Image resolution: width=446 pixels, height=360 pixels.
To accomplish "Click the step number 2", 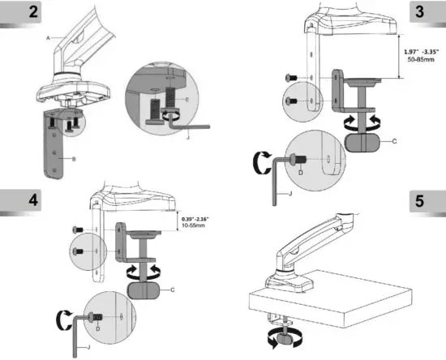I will [x=11, y=14].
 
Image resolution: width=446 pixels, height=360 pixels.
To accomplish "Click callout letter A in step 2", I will [x=49, y=38].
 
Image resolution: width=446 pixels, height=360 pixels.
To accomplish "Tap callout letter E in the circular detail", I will [x=187, y=99].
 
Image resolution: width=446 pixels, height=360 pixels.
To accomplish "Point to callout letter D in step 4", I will [x=98, y=328].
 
